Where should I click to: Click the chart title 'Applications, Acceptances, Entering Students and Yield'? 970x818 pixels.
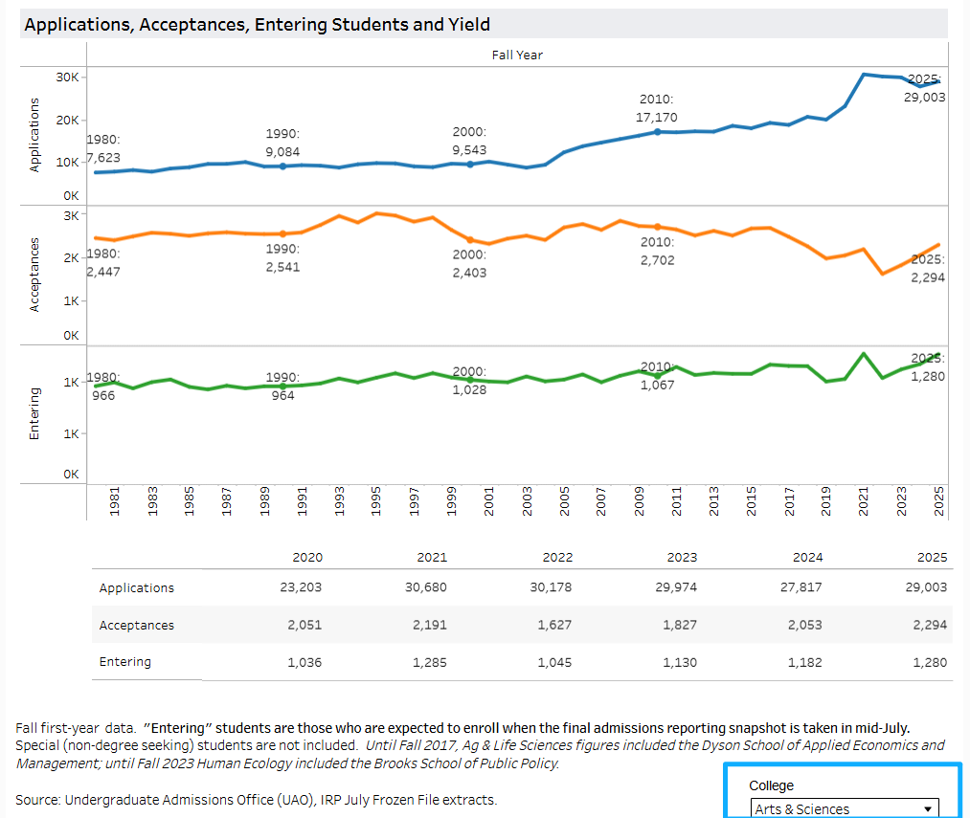(258, 25)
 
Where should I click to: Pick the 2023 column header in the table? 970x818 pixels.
(682, 557)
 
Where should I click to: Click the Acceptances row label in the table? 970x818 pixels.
(137, 625)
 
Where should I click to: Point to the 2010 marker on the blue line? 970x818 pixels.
(658, 131)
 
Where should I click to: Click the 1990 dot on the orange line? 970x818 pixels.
(282, 233)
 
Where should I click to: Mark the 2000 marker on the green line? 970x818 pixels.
(470, 380)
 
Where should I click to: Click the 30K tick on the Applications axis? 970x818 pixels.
(66, 77)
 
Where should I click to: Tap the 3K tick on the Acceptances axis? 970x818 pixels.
(71, 214)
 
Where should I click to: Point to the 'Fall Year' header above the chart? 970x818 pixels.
(517, 55)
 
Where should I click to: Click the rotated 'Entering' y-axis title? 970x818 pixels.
(34, 413)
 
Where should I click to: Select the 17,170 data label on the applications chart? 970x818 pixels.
(658, 117)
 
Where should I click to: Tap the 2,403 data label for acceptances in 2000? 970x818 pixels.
(469, 273)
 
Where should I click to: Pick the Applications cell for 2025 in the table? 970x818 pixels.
(927, 587)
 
